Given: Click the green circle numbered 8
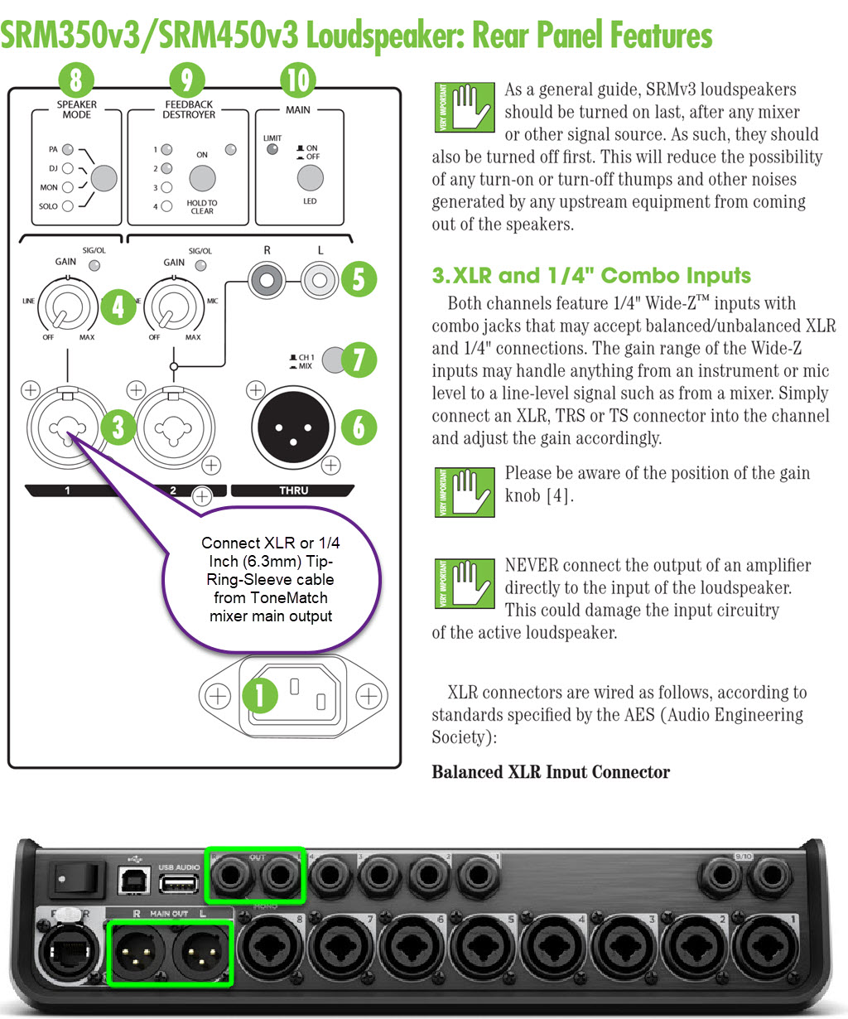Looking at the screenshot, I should (x=76, y=80).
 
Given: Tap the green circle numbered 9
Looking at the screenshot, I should (x=187, y=80).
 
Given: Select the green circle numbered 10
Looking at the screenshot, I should (x=297, y=80).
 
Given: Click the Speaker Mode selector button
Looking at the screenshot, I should (x=104, y=177).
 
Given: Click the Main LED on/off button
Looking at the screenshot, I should (x=310, y=177).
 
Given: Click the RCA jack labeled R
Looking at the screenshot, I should (x=267, y=280).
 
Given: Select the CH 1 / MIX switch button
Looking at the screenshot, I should (x=333, y=360).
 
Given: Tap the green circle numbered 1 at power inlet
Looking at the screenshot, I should (x=260, y=695).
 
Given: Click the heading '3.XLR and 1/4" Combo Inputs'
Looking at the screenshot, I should (x=591, y=276).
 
